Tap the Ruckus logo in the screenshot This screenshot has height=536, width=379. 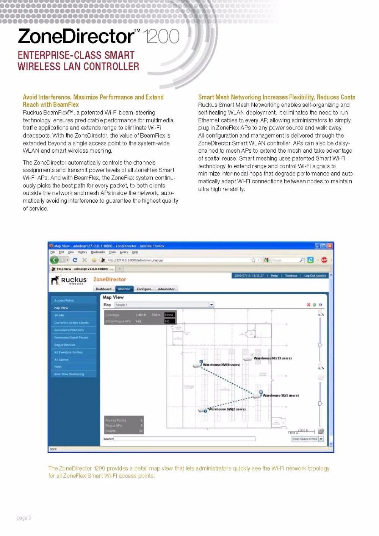click(x=69, y=280)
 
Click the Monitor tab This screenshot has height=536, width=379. click(x=124, y=289)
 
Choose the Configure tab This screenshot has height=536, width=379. click(x=144, y=289)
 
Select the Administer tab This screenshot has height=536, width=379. click(x=166, y=289)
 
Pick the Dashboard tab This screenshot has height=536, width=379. click(x=103, y=289)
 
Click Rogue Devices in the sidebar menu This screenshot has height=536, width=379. click(x=65, y=345)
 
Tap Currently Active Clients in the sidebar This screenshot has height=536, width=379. click(x=71, y=323)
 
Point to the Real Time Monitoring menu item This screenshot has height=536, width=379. click(x=69, y=374)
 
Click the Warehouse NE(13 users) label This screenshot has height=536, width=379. click(x=273, y=358)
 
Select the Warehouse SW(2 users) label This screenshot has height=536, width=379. click(x=227, y=409)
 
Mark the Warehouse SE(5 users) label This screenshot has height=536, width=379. click(x=280, y=395)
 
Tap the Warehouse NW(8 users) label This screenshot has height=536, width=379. click(x=221, y=365)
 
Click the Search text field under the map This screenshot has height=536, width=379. click(x=184, y=439)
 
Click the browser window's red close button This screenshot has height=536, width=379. click(x=330, y=246)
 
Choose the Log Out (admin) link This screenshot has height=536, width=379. click(x=315, y=276)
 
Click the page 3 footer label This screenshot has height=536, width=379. click(x=24, y=518)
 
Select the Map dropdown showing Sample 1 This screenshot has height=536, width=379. click(x=164, y=305)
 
